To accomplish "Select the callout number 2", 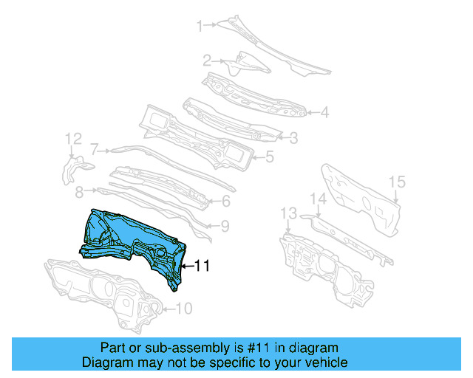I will coord(208,61).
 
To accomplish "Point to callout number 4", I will coord(324,113).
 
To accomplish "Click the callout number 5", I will coord(270,156).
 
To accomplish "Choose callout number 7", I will coord(95,148).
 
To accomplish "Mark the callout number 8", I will coord(79,192).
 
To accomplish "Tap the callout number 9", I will coord(225,226).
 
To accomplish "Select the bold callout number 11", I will coord(202,265).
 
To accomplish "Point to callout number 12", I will coord(72,139).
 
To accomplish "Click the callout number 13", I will coord(287,213).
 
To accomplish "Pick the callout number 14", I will coord(318,198).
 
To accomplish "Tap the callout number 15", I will coord(397,182).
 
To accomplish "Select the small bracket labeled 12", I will coord(72,168).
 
